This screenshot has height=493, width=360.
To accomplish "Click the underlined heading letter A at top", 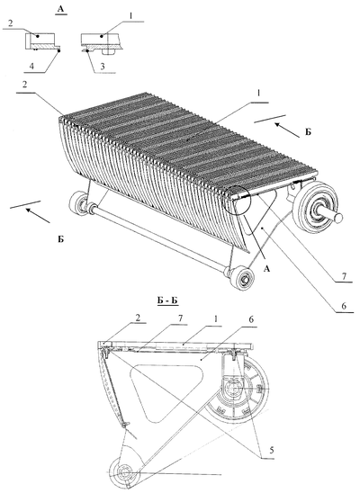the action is (x=60, y=9).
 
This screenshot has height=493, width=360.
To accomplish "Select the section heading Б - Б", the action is (x=167, y=300).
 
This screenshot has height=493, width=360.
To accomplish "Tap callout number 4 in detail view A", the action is (x=31, y=67).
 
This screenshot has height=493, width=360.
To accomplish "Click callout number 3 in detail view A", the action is (x=103, y=67).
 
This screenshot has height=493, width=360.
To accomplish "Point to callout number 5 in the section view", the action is (x=270, y=451).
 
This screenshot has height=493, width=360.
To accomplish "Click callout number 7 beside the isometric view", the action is (x=344, y=276).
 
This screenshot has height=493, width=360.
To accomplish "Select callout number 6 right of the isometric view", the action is (x=343, y=306).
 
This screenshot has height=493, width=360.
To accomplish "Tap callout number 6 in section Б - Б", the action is (x=251, y=319).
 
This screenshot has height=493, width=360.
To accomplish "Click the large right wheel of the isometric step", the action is (x=316, y=206).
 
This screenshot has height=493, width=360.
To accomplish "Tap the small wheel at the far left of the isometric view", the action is (x=78, y=204).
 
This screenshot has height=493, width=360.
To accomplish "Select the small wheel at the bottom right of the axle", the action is (x=242, y=278).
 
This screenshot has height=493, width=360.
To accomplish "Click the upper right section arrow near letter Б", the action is (x=287, y=130).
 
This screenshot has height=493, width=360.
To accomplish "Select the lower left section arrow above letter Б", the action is (x=38, y=215).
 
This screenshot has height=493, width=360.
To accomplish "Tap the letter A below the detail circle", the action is (x=267, y=268).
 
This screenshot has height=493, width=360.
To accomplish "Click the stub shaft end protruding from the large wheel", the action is (x=337, y=217).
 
